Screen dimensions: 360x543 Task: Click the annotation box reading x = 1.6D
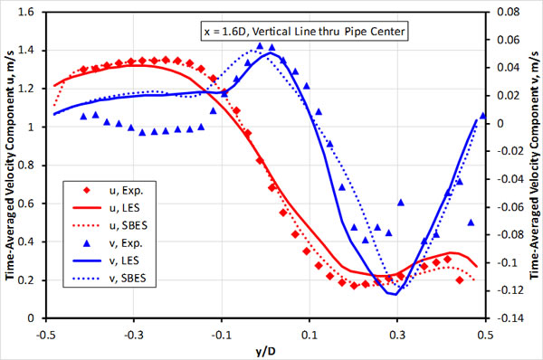click(x=305, y=33)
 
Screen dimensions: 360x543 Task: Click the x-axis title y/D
click(x=265, y=349)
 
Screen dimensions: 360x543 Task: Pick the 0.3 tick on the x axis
click(x=398, y=332)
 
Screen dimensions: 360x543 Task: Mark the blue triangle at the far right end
click(x=482, y=116)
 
